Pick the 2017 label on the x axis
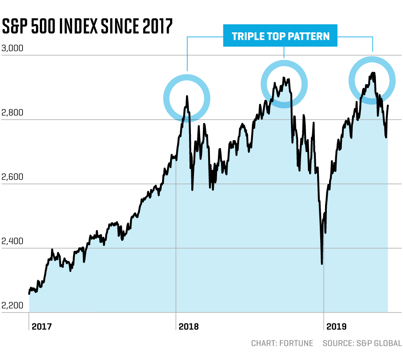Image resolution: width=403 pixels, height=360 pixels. pos(42,327)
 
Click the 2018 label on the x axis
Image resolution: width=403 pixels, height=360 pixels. pos(189,327)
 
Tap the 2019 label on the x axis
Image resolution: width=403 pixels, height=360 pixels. pos(337,327)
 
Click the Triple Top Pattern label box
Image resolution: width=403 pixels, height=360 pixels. pos(281,36)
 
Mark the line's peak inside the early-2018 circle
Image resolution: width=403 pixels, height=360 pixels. pos(187,96)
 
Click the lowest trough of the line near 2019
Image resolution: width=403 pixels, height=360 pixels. pos(322,264)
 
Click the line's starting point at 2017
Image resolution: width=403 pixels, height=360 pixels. pos(29,293)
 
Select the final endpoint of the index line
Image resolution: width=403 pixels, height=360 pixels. pos(388,106)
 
